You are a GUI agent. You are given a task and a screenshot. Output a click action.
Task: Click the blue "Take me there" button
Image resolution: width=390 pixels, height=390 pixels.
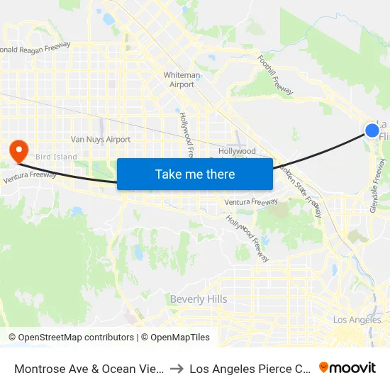coord(195,174)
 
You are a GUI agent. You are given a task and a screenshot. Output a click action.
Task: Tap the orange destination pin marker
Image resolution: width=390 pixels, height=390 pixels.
coord(17,150)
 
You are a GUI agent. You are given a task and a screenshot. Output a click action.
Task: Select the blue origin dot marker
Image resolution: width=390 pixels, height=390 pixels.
coord(372,130)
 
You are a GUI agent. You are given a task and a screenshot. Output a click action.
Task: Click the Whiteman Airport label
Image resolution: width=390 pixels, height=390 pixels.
coord(182,79)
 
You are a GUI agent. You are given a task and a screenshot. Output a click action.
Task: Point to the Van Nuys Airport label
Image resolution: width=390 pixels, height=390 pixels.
coord(101,140)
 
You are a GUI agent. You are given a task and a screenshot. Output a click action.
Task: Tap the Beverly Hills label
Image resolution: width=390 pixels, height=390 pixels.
coord(199,299)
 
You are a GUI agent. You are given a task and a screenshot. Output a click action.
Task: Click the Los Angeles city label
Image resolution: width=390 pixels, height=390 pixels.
coord(357,320)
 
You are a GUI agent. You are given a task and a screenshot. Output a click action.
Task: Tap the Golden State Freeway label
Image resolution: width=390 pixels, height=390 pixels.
coord(303,192)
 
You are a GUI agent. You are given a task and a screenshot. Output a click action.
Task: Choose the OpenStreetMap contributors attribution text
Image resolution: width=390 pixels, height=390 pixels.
coord(71,338)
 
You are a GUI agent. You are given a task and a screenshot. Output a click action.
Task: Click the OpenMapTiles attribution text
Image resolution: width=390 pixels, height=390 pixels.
coord(175,338)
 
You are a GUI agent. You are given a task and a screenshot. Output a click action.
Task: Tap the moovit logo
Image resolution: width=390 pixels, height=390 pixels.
coord(347,367)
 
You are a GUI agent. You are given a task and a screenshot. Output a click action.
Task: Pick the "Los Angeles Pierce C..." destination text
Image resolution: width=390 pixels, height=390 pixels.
coord(250,368)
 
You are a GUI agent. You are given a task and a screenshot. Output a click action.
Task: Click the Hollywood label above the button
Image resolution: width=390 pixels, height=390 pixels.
coord(237,151)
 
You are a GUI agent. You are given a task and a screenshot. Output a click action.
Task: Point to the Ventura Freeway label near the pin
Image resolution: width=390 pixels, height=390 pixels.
coord(30,175)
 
